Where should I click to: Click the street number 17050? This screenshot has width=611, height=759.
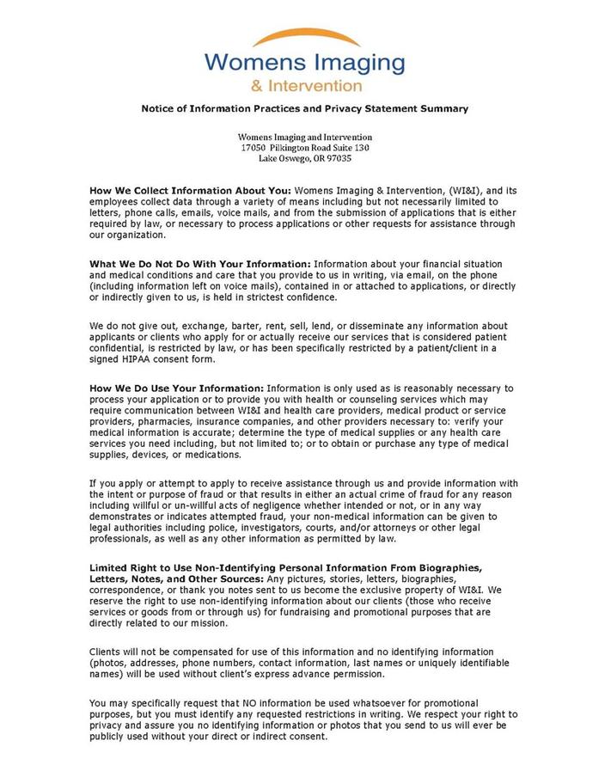(x=254, y=148)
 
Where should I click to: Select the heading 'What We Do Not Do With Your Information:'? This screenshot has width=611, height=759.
(x=200, y=263)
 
